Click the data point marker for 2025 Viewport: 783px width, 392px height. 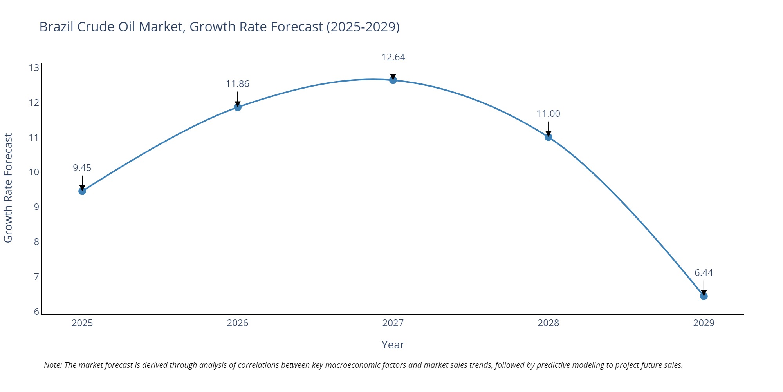(82, 191)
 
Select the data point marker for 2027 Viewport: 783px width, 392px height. (393, 80)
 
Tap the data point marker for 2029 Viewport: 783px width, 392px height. (704, 296)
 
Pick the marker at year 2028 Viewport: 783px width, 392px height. (548, 137)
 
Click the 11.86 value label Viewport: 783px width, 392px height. (237, 84)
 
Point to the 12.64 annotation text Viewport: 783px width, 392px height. (393, 57)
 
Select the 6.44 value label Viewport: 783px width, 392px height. (704, 273)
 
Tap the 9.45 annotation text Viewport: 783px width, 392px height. (82, 168)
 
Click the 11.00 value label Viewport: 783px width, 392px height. (548, 114)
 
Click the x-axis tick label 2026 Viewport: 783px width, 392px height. (238, 323)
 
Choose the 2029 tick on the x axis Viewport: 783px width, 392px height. (704, 323)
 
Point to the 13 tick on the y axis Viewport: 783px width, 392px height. (34, 68)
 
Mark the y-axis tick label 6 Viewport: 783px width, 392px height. (36, 312)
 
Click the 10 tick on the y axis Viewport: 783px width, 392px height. (34, 172)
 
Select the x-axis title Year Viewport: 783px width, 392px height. (393, 345)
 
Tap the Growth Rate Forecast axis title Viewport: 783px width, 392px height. (8, 188)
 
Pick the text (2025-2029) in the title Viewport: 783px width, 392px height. (363, 27)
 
